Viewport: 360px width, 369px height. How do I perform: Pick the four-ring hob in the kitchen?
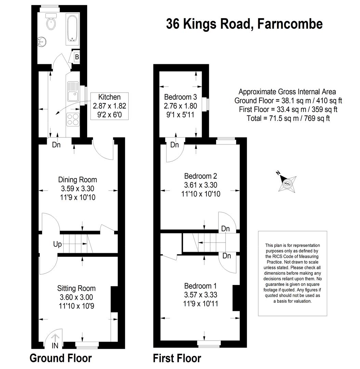coord(73,120)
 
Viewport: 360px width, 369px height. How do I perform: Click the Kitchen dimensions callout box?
coord(109,106)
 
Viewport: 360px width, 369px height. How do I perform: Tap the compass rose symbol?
coord(287,182)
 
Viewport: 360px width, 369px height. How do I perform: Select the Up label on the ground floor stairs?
coord(57,244)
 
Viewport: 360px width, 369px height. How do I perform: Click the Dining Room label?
coord(78,180)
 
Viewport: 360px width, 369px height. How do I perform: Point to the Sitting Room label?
coord(76,288)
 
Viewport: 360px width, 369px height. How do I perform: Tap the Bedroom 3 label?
coord(181,97)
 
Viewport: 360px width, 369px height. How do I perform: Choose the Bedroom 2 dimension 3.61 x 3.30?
coord(201,185)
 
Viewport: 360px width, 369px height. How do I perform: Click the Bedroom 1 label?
coord(200,286)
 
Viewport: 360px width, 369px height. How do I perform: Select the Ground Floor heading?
coord(61,358)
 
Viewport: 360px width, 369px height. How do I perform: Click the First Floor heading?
coord(177,358)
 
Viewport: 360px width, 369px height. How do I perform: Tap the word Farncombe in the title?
coord(290,24)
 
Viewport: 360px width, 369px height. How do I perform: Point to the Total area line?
coord(288,118)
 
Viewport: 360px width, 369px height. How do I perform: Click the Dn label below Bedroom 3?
coord(174,145)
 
